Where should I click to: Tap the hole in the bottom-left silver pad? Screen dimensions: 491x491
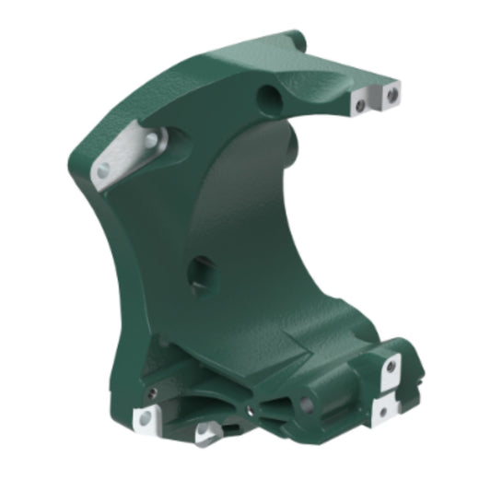146,422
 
